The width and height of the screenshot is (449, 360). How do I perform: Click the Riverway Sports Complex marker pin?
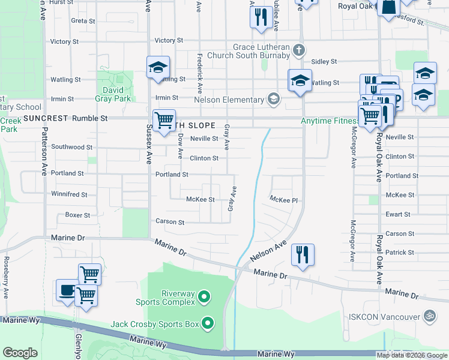(x=203, y=296)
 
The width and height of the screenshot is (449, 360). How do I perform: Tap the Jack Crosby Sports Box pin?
(x=208, y=324)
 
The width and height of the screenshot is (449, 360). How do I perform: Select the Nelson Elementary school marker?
(x=274, y=99)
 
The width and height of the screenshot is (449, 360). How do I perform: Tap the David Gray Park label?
(x=113, y=94)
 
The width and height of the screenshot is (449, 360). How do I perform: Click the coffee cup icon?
(x=67, y=290)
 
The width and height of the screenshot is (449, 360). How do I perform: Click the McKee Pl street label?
(x=283, y=199)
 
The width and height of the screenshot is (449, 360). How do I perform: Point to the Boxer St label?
(x=77, y=215)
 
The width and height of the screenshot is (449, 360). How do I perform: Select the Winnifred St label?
(x=69, y=194)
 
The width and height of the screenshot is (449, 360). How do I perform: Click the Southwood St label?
(x=71, y=146)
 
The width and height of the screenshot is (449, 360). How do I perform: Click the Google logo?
(x=20, y=353)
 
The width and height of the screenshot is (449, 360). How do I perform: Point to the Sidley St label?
(x=324, y=62)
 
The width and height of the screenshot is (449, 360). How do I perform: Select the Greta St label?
(x=83, y=20)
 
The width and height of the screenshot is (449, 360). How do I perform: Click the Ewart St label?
(x=398, y=214)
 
